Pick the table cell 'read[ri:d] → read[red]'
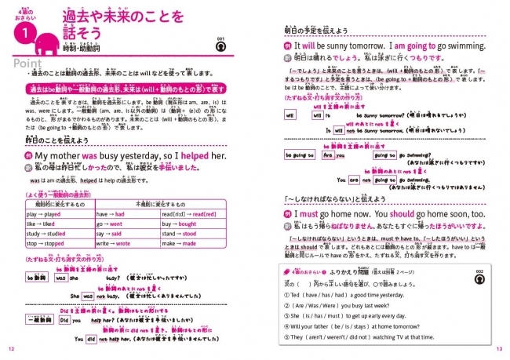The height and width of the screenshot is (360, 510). pos(188,213)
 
